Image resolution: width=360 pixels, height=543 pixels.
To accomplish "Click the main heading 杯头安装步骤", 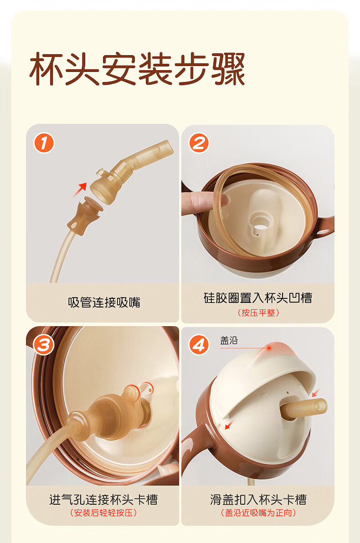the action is tap(137, 69).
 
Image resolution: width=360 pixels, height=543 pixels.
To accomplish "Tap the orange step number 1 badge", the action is tap(44, 143).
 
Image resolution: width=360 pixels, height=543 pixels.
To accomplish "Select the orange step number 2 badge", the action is tap(199, 143).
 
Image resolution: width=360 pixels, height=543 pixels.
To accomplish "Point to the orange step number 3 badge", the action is tap(44, 345).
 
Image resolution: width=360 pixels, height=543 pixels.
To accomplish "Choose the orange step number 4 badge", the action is tap(199, 345).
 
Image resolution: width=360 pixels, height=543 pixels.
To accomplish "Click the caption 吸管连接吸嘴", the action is tap(104, 302).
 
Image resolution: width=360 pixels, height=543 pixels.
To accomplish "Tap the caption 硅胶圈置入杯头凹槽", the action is tap(258, 298).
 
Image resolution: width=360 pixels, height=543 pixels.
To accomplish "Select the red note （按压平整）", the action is tap(258, 312).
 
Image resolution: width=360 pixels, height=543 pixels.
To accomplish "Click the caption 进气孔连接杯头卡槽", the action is tap(103, 499).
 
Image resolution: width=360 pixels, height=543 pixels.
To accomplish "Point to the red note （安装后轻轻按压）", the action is tap(103, 512).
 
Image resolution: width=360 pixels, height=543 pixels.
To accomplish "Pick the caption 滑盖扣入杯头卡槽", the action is tap(258, 499).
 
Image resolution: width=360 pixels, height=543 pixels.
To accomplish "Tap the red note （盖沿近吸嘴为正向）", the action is tap(258, 512).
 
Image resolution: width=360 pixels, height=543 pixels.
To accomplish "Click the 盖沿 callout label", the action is tap(229, 340).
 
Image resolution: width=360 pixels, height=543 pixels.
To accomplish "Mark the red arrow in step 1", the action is tap(80, 190).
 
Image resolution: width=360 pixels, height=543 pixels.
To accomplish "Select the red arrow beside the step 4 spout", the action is tap(316, 393).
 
